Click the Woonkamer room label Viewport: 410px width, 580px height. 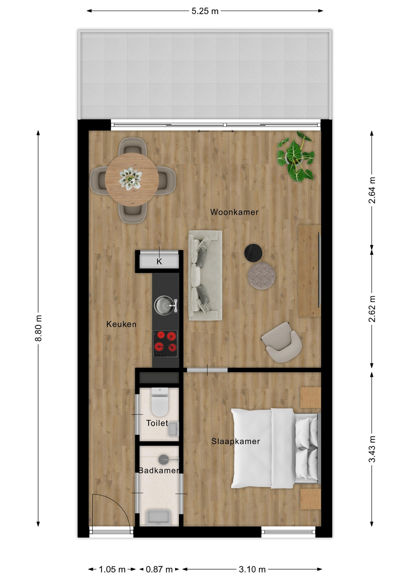234,212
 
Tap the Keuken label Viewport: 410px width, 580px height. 121,324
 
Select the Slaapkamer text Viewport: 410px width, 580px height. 235,441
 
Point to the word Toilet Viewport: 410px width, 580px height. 157,423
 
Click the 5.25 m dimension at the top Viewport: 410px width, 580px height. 205,11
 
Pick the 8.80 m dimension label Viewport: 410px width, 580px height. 38,328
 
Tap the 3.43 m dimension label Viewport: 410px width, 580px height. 372,449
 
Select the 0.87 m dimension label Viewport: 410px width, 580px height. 159,569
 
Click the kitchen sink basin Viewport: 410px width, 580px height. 164,305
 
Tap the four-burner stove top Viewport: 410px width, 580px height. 165,344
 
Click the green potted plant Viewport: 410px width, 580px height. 296,156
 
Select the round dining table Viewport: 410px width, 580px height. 132,179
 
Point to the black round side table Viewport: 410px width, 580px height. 253,253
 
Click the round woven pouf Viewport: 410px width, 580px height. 261,276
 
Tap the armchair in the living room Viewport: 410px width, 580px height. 282,342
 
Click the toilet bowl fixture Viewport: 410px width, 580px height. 160,402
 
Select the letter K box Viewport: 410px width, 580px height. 159,261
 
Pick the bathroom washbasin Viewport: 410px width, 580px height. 159,518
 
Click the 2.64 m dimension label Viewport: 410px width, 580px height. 372,190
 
